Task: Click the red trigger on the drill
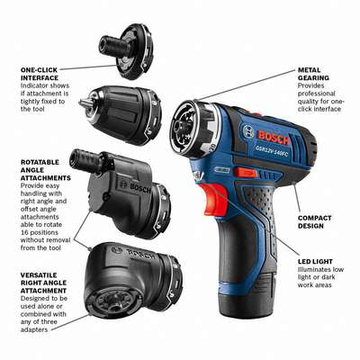pyautogui.click(x=213, y=199)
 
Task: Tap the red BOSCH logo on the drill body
pyautogui.click(x=274, y=138)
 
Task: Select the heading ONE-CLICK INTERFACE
pyautogui.click(x=39, y=74)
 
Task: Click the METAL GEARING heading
pyautogui.click(x=313, y=74)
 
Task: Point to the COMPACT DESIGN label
pyautogui.click(x=314, y=222)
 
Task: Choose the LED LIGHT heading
pyautogui.click(x=315, y=261)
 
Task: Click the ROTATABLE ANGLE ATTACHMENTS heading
pyautogui.click(x=46, y=170)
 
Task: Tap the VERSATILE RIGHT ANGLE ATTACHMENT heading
pyautogui.click(x=44, y=283)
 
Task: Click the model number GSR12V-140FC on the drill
pyautogui.click(x=273, y=149)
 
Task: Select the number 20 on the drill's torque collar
pyautogui.click(x=212, y=148)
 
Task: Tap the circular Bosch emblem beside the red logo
pyautogui.click(x=248, y=132)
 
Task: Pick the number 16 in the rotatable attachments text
pyautogui.click(x=24, y=232)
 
